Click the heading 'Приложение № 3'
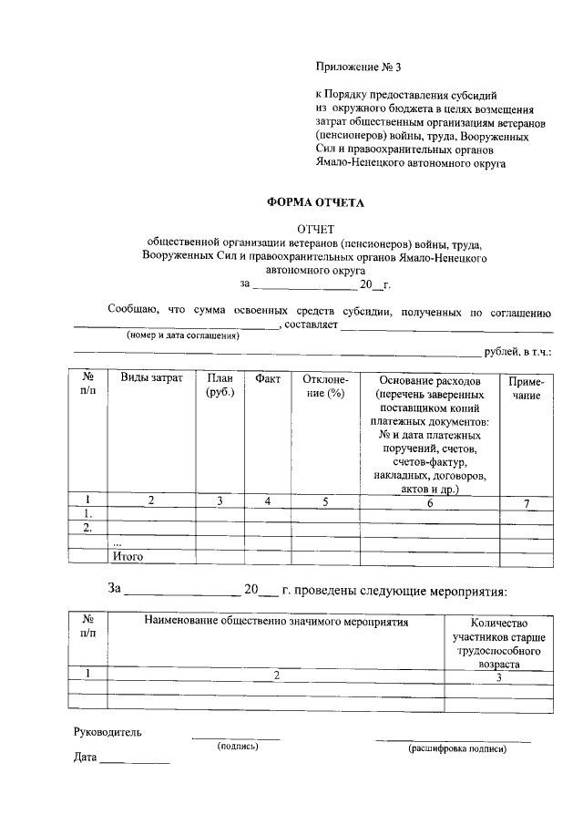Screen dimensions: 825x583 click(x=358, y=67)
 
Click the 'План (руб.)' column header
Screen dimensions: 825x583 click(x=220, y=386)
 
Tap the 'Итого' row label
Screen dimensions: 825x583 click(x=128, y=554)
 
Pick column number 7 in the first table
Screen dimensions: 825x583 click(x=527, y=504)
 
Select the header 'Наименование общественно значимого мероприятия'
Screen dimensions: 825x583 click(x=276, y=622)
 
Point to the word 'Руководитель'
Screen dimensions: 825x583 click(x=107, y=731)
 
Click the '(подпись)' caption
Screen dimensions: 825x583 click(x=237, y=747)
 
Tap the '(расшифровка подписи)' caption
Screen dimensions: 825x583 click(x=456, y=748)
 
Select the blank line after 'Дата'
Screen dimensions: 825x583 click(x=135, y=760)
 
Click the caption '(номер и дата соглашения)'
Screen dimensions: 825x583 click(x=182, y=335)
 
